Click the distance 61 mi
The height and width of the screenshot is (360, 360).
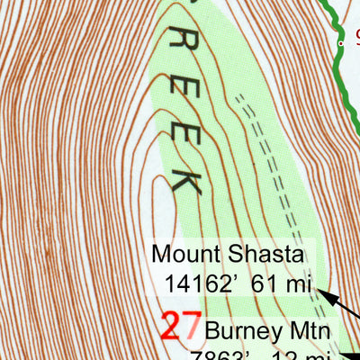click(281, 285)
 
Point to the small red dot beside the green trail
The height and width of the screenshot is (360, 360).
click(340, 42)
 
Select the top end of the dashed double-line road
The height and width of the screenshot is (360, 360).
click(238, 95)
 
